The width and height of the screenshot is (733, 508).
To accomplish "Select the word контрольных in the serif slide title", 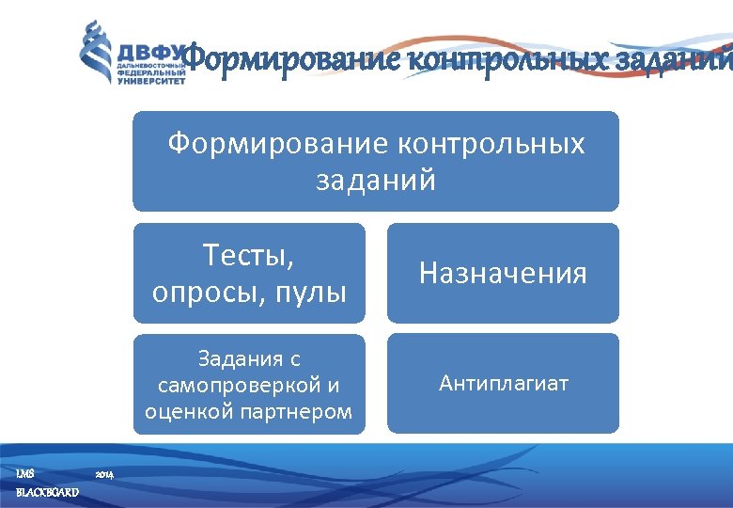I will coord(490,59).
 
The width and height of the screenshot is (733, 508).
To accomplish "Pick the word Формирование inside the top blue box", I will coord(277,144).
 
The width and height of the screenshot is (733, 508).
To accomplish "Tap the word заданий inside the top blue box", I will coord(376,179).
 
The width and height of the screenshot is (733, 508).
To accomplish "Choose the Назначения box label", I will coord(503,274).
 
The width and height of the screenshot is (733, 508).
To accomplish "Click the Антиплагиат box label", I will coord(503,384).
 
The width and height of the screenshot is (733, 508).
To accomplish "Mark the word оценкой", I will coord(182,411).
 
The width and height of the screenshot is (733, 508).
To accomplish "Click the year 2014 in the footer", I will coord(105,473).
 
